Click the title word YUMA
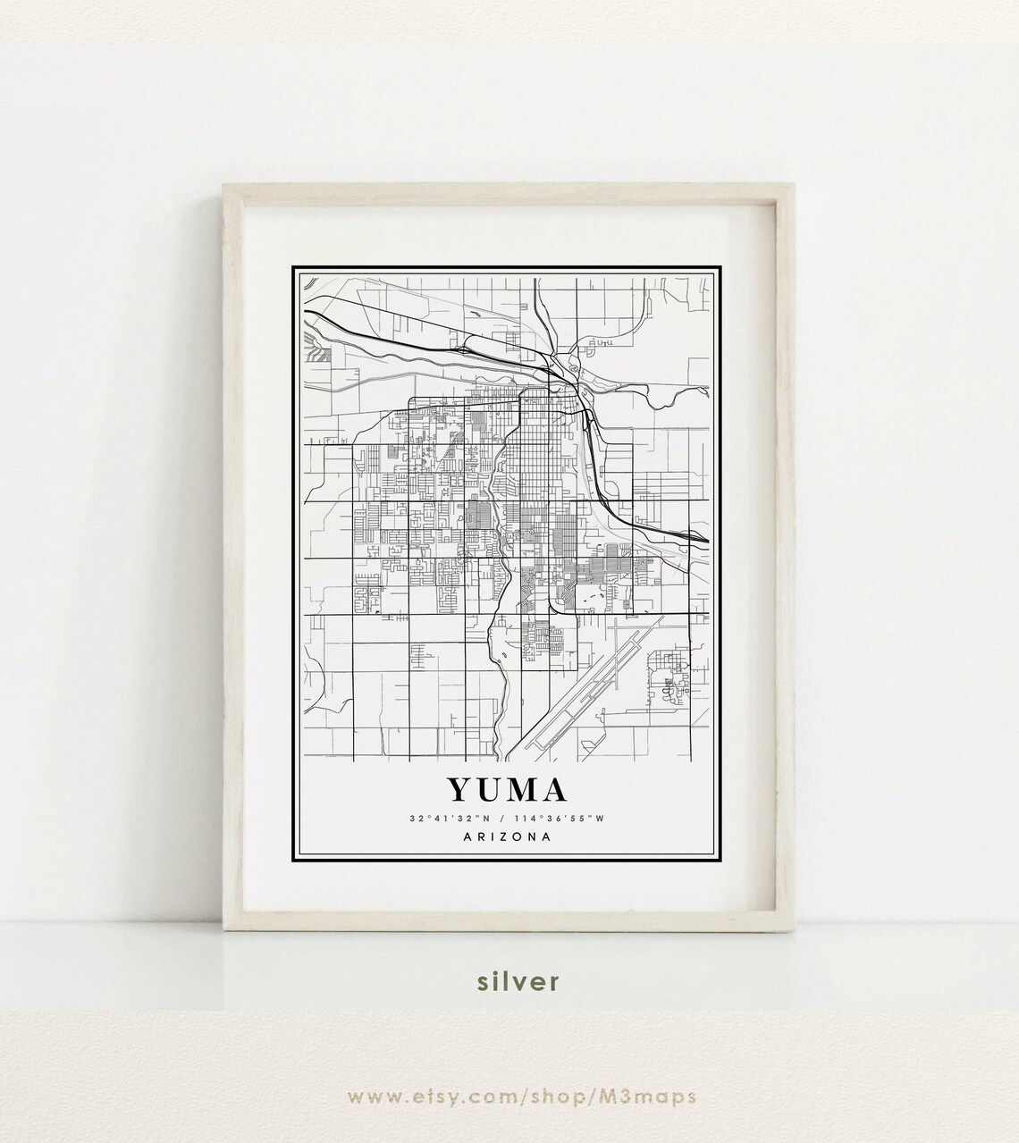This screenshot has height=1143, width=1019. coord(507,790)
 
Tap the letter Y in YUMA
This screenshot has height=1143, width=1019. coord(461,790)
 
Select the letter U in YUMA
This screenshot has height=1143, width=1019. coord(491,790)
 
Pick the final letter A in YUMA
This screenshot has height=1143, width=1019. coord(554,790)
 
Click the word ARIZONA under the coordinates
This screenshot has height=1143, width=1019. coord(508,837)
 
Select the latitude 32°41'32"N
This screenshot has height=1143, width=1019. coord(451,819)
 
